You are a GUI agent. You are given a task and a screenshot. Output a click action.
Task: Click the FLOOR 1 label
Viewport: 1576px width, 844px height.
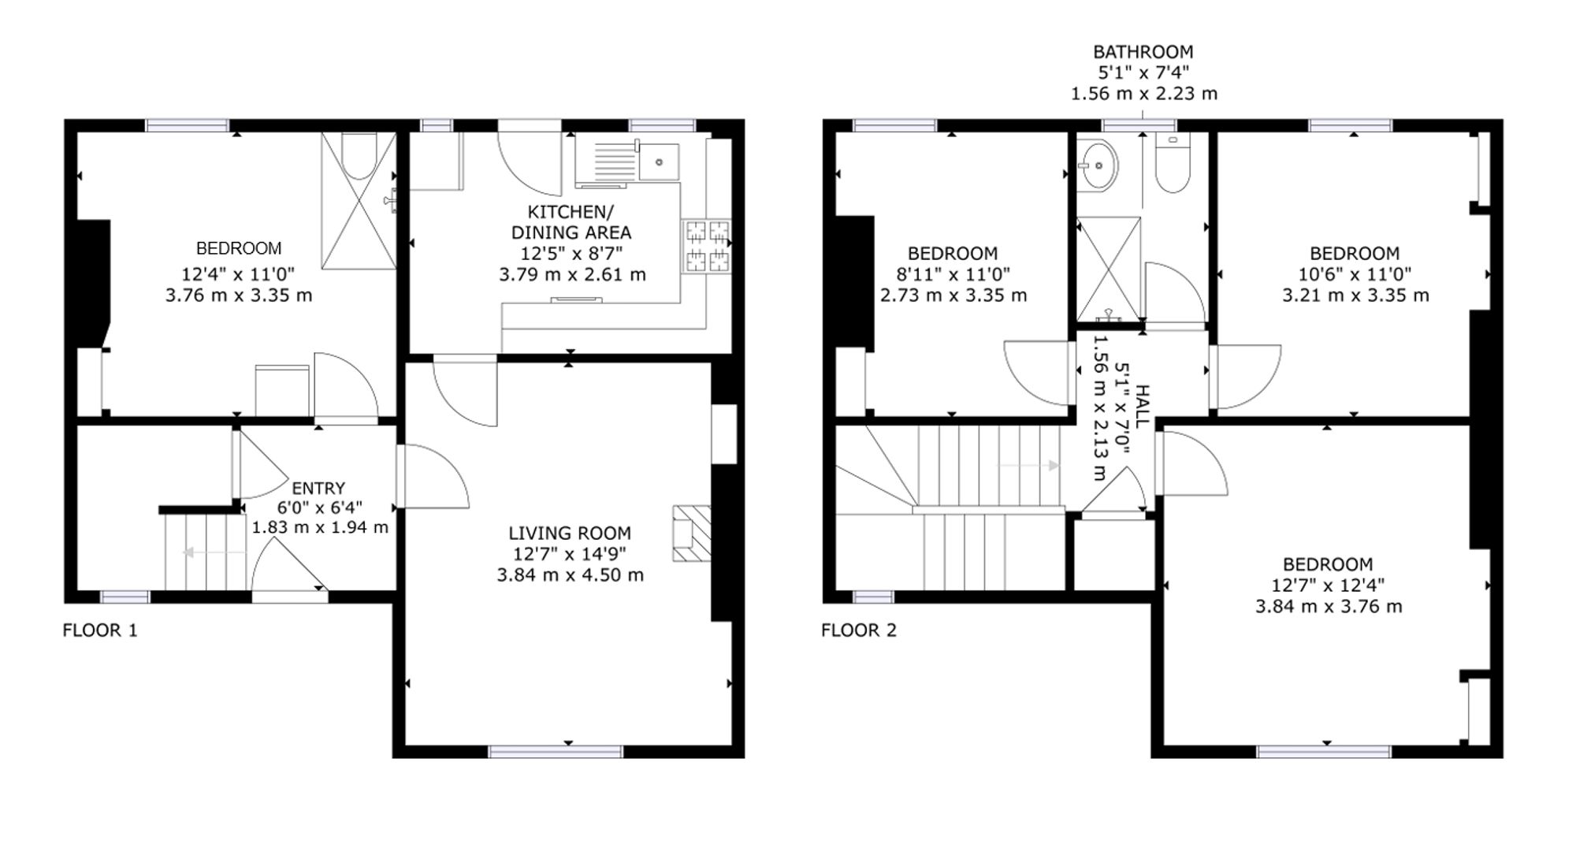100,630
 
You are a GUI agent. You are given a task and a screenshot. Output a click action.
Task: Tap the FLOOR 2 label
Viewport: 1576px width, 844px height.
859,630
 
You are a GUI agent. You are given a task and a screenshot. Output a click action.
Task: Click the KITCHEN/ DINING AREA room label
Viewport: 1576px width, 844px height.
571,222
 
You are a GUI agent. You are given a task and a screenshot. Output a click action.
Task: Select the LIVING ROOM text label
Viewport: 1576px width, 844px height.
570,534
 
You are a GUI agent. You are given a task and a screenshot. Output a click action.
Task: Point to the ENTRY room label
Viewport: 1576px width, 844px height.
318,489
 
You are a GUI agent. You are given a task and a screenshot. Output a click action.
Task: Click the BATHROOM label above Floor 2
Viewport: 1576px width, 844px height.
1143,52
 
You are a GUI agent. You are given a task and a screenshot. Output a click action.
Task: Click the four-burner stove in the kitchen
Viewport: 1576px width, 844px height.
707,246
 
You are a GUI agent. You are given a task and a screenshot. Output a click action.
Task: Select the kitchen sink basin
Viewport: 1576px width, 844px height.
659,162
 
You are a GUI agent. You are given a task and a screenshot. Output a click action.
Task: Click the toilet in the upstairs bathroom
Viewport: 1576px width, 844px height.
1173,163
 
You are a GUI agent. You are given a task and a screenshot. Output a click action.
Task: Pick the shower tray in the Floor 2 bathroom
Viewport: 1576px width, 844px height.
1109,269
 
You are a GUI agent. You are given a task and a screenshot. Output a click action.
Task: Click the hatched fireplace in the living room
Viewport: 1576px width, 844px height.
691,533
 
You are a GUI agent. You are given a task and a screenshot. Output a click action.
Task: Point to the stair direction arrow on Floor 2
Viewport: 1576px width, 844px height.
1028,466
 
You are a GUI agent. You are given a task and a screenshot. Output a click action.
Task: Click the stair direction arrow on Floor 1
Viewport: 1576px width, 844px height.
214,552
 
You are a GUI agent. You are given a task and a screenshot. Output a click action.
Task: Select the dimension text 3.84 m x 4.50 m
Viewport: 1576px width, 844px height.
570,575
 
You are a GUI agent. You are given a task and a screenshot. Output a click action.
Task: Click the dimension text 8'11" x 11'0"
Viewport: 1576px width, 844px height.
953,274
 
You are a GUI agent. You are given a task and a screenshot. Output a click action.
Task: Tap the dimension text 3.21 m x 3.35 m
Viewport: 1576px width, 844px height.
1355,296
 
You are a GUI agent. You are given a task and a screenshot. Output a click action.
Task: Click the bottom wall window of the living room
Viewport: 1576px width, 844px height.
556,752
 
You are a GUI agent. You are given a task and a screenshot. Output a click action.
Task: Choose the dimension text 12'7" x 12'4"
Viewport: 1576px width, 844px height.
1328,586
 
